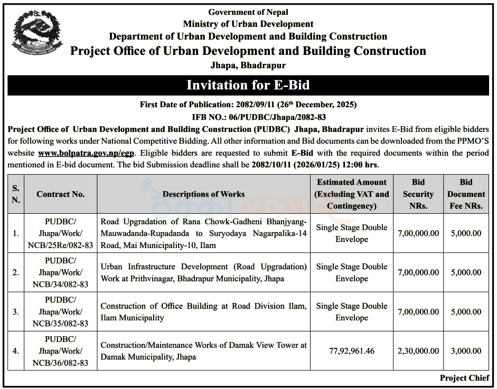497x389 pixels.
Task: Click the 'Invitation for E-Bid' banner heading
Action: pyautogui.click(x=248, y=85)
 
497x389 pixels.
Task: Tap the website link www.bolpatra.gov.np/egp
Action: pyautogui.click(x=87, y=153)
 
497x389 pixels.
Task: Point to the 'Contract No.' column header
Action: pyautogui.click(x=61, y=194)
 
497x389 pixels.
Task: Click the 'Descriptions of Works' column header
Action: pyautogui.click(x=203, y=194)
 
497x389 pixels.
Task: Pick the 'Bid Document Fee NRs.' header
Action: pyautogui.click(x=466, y=194)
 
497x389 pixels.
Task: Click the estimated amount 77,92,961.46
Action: pyautogui.click(x=351, y=350)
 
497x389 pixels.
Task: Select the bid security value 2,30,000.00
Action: pyautogui.click(x=418, y=350)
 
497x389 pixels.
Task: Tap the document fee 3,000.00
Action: pyautogui.click(x=466, y=350)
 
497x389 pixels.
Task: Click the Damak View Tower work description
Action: pyautogui.click(x=203, y=350)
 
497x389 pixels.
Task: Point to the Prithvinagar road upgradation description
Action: pyautogui.click(x=203, y=272)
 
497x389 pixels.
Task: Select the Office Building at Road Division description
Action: pyautogui.click(x=203, y=311)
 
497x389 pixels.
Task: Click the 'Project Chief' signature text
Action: pyautogui.click(x=464, y=378)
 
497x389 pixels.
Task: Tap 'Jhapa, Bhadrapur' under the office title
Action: pyautogui.click(x=248, y=65)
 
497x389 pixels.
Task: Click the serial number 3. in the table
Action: pyautogui.click(x=16, y=311)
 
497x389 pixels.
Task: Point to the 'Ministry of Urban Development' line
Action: pyautogui.click(x=248, y=24)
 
